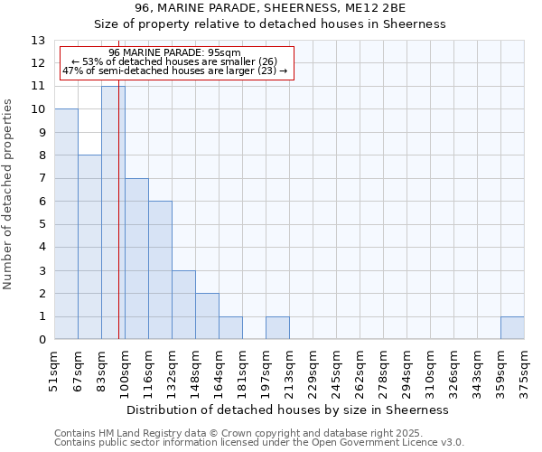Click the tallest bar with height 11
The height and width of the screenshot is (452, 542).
coord(113,212)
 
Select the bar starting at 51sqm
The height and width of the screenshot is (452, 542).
coord(66,224)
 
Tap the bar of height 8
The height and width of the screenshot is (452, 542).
coord(89,247)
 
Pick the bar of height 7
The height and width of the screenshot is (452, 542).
coord(136,259)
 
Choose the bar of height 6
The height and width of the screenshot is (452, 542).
coord(160,270)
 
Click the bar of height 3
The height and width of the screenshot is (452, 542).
coord(183,305)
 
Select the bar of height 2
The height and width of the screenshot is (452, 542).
coord(207,316)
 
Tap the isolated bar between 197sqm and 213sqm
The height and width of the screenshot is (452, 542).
coord(277,328)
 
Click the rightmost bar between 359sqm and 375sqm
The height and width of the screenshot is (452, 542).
coord(512,328)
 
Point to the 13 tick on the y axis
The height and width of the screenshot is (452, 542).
coord(38,41)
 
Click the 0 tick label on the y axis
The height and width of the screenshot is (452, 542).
coord(42,340)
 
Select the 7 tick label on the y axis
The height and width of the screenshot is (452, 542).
coord(42,179)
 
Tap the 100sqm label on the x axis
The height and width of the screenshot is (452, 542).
coord(126,368)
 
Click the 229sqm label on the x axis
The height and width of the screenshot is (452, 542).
coord(313,368)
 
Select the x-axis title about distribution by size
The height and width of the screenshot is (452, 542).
coord(289,410)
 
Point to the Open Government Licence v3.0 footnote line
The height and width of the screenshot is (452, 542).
coord(259,442)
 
